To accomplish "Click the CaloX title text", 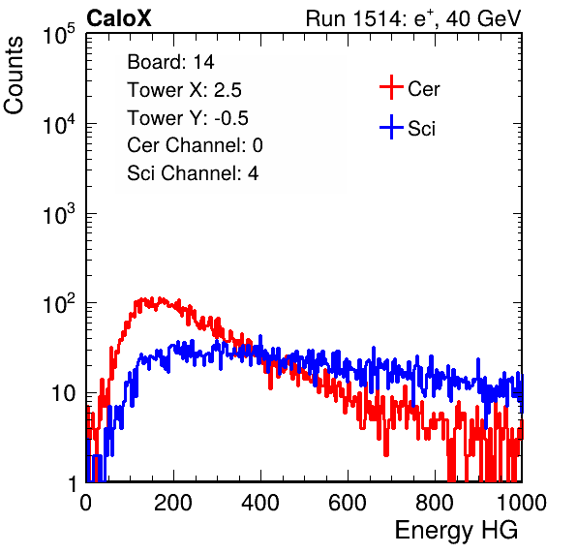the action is [x=119, y=18].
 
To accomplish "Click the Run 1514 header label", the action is [x=413, y=18].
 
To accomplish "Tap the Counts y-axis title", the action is [x=14, y=76].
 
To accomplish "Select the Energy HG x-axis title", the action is [x=456, y=531].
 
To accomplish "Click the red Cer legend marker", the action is [x=391, y=87].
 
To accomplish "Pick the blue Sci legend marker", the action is [x=391, y=127].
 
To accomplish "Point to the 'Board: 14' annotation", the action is [x=170, y=62].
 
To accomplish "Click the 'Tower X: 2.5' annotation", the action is [x=184, y=90].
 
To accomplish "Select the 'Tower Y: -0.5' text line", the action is [x=188, y=118].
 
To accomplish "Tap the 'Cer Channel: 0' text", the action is [x=195, y=145].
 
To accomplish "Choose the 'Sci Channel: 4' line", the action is [x=193, y=173].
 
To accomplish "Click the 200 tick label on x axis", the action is [x=173, y=503].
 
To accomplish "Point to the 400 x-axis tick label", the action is [x=260, y=503].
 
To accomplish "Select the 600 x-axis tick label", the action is [x=348, y=503].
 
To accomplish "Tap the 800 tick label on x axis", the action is [x=435, y=503].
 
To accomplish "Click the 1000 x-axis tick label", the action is [x=522, y=503].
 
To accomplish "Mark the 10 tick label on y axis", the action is [x=63, y=393].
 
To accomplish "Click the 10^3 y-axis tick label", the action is [x=60, y=215].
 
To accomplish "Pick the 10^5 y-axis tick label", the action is [x=60, y=35].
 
